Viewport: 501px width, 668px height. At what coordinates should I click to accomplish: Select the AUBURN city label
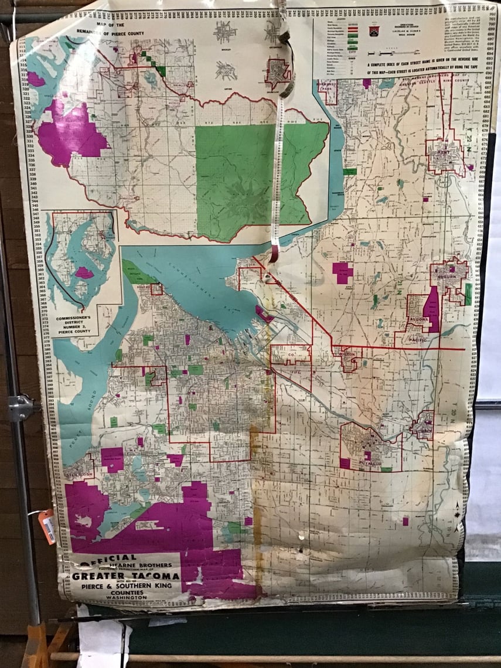pos(449,279)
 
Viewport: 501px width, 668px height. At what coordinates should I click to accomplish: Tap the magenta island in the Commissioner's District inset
pos(84,272)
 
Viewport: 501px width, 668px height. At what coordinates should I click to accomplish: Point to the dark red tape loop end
pos(274,253)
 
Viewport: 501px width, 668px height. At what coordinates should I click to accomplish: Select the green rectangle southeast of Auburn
pos(468,294)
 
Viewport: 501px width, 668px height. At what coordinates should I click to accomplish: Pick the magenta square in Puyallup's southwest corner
pos(345,463)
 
